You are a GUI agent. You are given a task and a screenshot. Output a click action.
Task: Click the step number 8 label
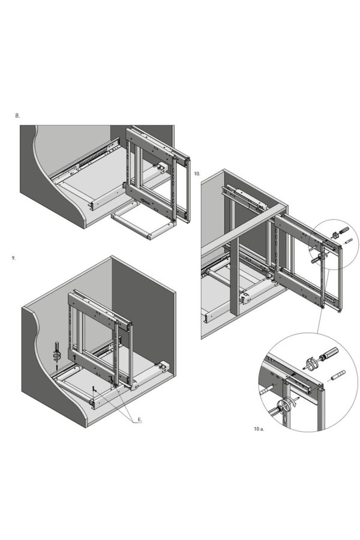(17, 116)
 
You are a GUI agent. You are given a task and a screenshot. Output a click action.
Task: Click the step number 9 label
(13, 258)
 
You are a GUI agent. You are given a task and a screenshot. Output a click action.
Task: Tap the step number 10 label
(197, 174)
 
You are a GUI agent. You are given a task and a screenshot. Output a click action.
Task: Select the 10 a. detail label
(259, 429)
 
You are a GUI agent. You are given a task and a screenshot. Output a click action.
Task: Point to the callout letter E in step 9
(140, 419)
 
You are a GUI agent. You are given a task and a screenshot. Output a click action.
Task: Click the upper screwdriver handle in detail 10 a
(331, 353)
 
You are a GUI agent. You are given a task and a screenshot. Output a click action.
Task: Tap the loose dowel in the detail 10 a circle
(338, 375)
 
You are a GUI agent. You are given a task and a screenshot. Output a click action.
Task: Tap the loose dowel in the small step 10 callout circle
(348, 241)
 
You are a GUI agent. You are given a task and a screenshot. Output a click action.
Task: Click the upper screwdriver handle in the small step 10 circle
(344, 230)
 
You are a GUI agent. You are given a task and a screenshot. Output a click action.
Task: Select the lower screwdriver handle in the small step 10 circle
(315, 261)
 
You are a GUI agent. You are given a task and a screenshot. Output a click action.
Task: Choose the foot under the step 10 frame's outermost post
(340, 311)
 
